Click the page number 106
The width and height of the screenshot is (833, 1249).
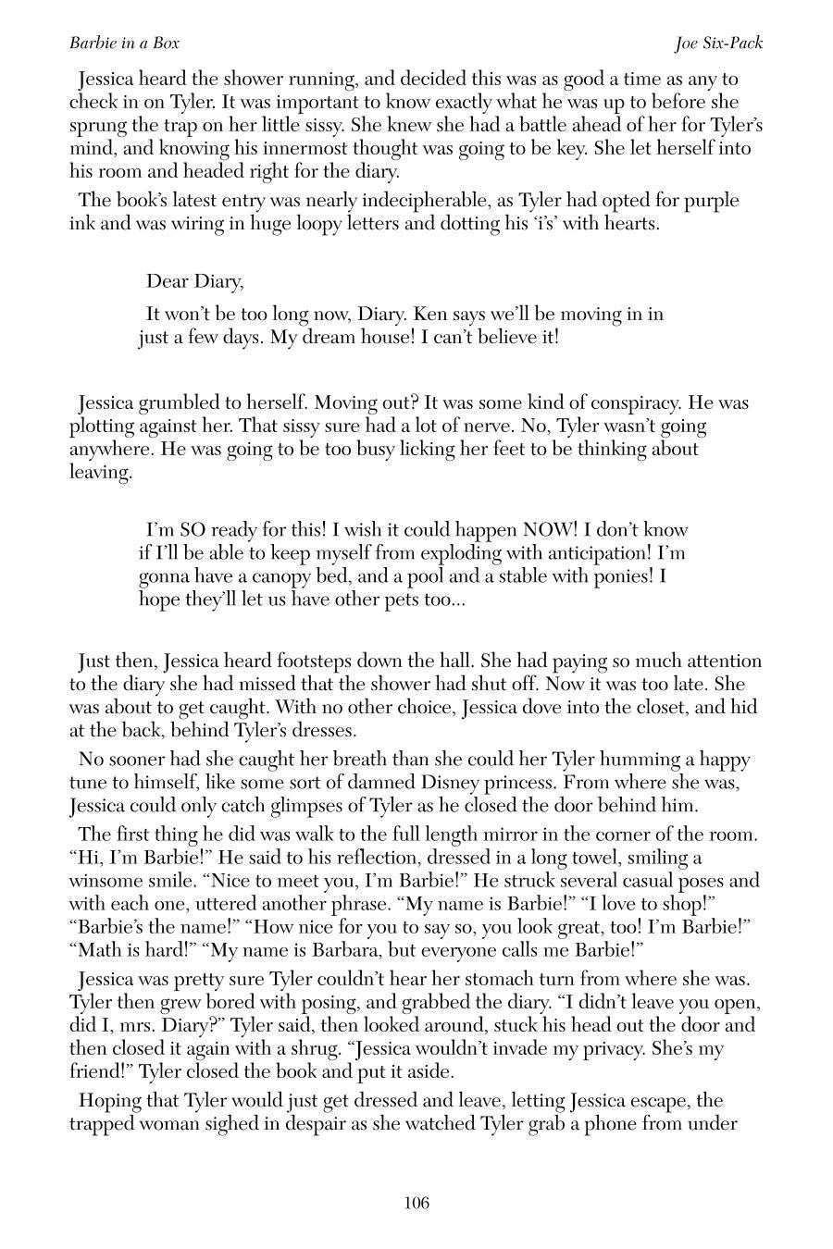416,1204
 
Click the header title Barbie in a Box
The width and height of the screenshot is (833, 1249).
124,43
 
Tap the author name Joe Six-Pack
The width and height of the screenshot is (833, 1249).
719,43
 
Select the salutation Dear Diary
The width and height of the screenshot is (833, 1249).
194,281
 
